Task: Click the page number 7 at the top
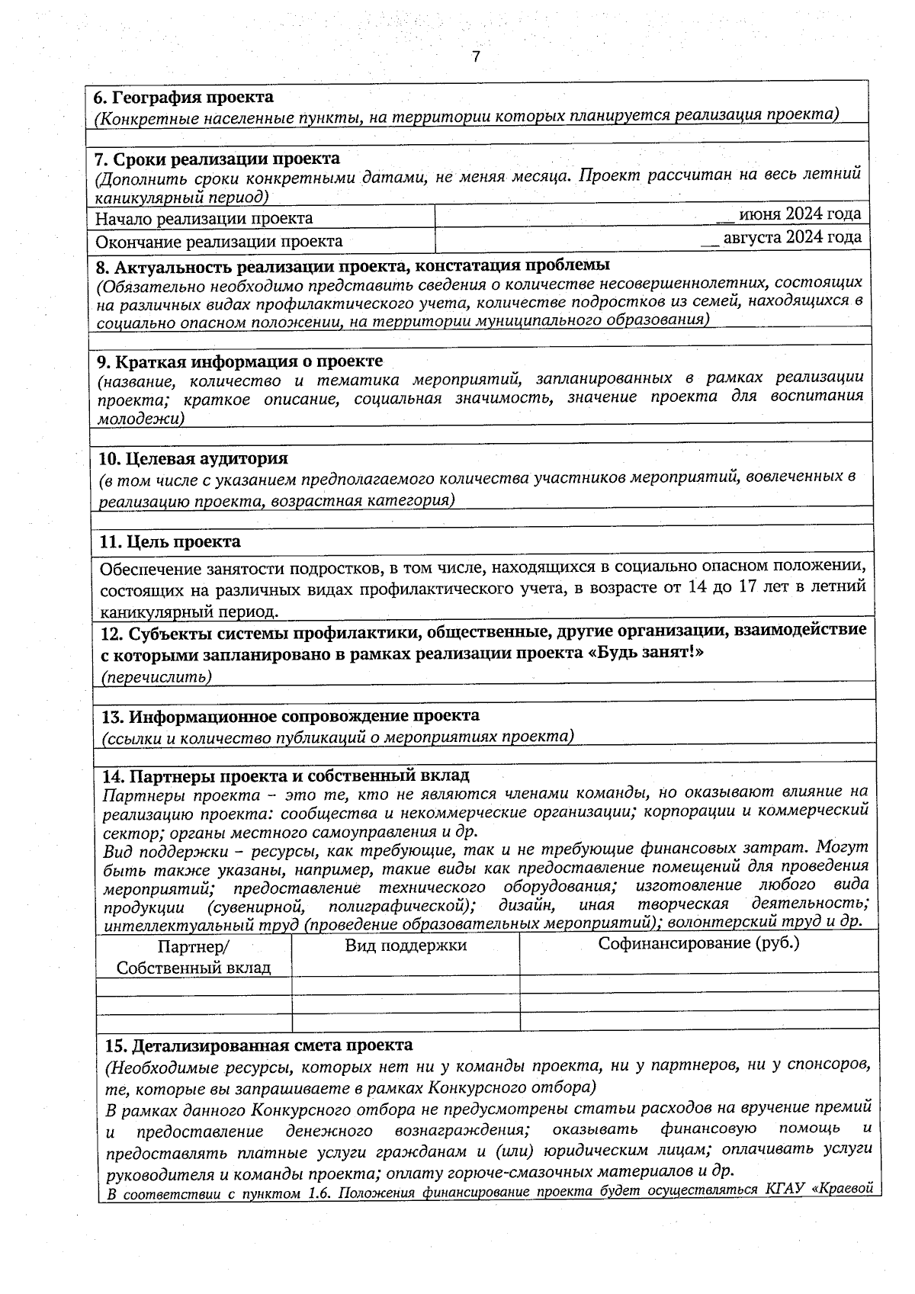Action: (x=476, y=57)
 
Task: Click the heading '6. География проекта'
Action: (x=183, y=98)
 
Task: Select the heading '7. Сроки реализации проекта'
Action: (x=217, y=159)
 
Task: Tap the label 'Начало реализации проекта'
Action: (x=204, y=219)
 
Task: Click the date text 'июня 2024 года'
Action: (x=799, y=213)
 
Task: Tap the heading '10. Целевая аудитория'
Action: (x=194, y=458)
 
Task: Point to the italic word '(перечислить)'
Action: (x=156, y=677)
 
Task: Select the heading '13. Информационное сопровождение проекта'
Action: (x=291, y=716)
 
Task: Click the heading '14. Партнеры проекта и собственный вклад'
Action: (x=286, y=775)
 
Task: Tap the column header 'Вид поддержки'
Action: (x=406, y=946)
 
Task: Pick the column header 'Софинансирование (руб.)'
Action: (x=698, y=943)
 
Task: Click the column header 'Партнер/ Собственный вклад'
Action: (x=193, y=958)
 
